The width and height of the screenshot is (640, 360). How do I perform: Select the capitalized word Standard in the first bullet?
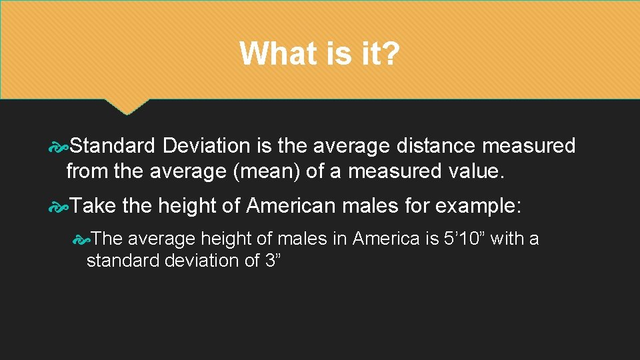pyautogui.click(x=112, y=145)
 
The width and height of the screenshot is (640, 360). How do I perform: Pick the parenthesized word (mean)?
pyautogui.click(x=270, y=172)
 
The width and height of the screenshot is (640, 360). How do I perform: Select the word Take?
pyautogui.click(x=93, y=206)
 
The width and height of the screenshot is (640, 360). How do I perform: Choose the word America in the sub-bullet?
pyautogui.click(x=386, y=238)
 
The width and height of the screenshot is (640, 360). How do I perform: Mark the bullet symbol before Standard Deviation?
pyautogui.click(x=59, y=146)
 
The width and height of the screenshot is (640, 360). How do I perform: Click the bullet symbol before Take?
pyautogui.click(x=59, y=207)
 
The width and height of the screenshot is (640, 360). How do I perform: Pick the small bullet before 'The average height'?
pyautogui.click(x=81, y=239)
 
